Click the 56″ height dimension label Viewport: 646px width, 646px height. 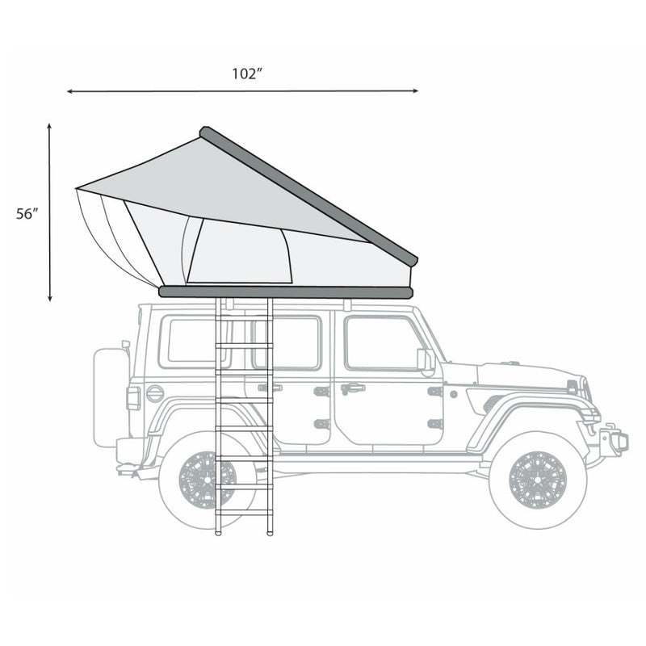(27, 214)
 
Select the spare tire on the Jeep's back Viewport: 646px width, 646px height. (110, 396)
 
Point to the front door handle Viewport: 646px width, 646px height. (352, 388)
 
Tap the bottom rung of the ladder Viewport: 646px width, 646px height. (244, 512)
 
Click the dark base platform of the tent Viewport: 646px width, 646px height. (286, 292)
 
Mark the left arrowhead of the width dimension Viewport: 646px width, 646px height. (70, 92)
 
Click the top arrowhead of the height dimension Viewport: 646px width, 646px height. (50, 128)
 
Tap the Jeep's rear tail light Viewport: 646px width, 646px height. (133, 397)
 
